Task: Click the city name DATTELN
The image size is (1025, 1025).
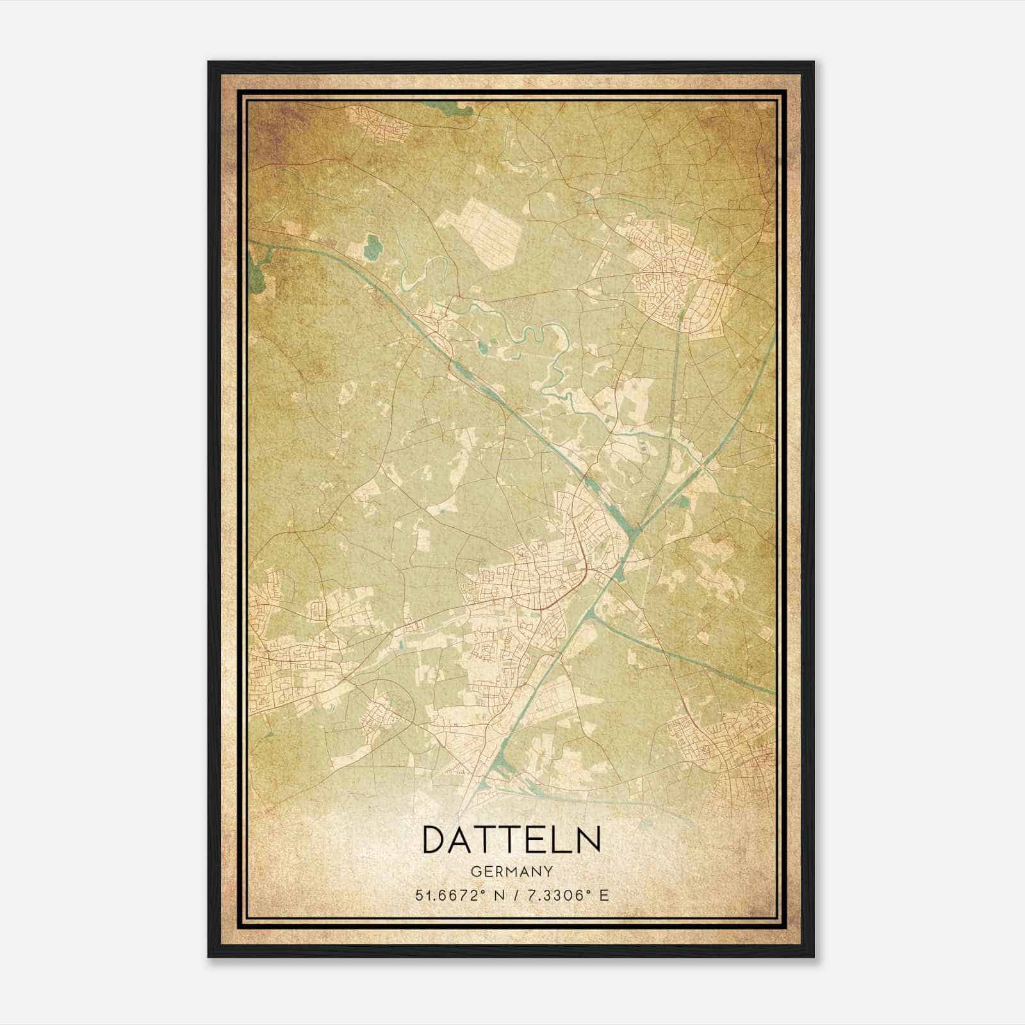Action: click(x=511, y=839)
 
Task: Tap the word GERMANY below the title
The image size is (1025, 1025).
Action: click(x=512, y=871)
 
